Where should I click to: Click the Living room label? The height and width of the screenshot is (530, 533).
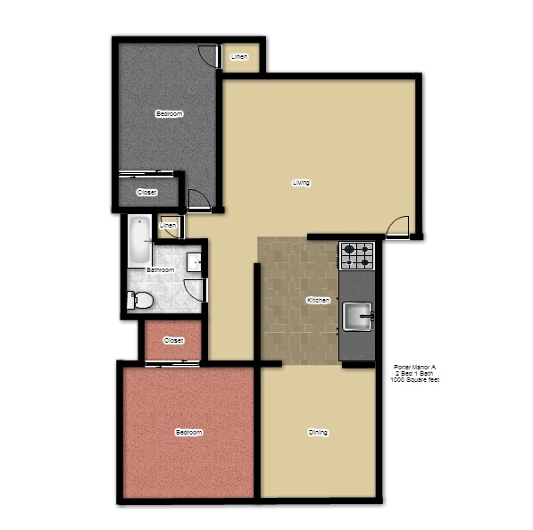301,183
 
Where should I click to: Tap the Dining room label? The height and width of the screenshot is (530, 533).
318,433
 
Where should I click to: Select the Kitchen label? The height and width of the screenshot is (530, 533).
319,301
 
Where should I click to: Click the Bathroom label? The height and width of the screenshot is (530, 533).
160,269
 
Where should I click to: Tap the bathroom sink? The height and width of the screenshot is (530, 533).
196,262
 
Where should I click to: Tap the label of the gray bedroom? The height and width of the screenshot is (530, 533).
170,113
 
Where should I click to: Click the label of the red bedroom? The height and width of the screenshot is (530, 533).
188,433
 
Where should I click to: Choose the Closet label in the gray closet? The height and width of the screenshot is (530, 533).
146,192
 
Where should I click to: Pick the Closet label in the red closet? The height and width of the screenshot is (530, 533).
174,340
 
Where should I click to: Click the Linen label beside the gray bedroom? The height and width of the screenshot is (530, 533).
239,57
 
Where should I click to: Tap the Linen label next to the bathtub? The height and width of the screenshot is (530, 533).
168,227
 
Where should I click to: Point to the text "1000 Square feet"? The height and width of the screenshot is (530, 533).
414,380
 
